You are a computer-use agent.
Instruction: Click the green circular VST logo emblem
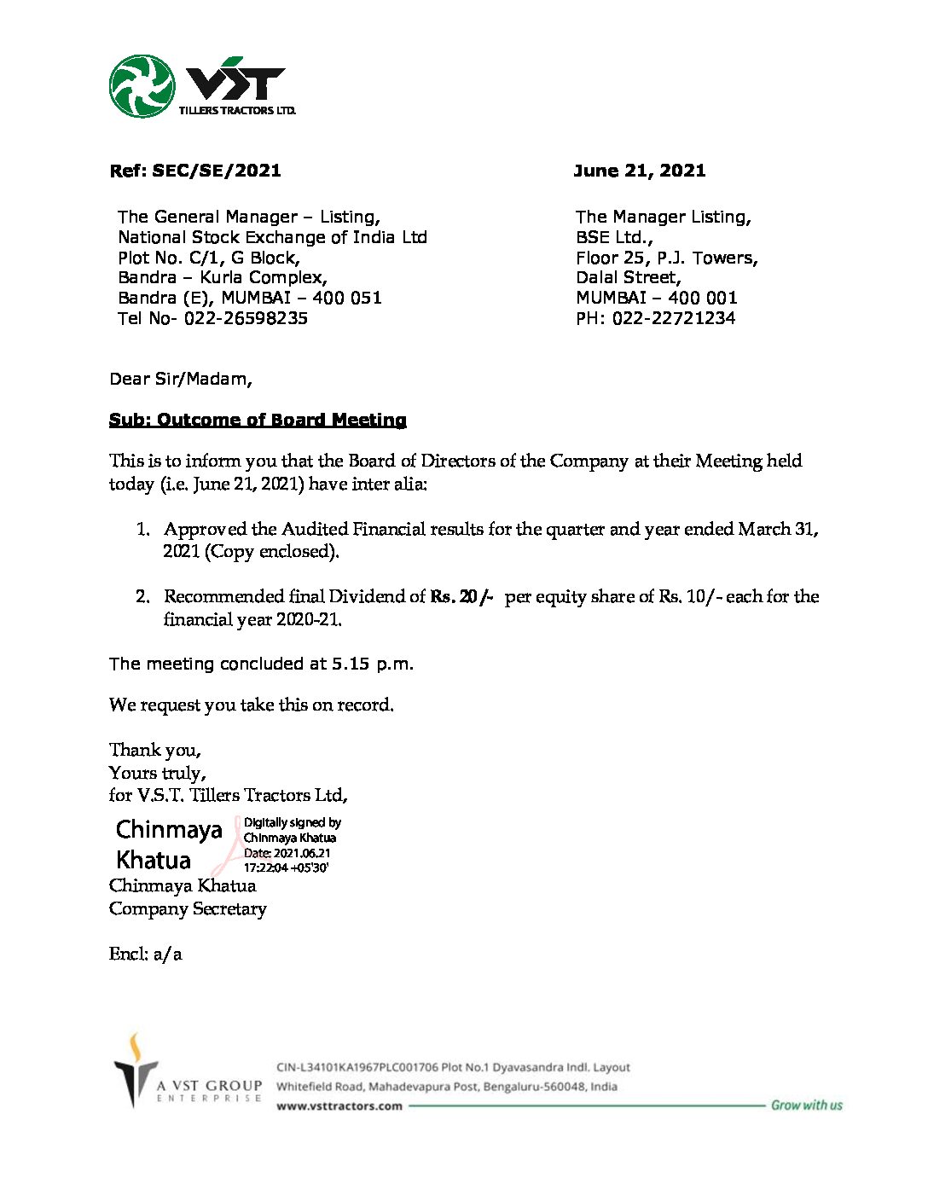142,86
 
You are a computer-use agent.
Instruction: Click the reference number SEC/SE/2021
217,171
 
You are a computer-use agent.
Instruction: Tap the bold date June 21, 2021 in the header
640,171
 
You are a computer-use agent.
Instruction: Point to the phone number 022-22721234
674,319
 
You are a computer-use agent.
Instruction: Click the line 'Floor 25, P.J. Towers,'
666,258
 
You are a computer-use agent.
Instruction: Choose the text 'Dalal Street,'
629,278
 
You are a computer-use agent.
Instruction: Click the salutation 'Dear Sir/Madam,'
181,379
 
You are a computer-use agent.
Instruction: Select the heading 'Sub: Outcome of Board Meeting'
258,420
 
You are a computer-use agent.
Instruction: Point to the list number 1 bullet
143,530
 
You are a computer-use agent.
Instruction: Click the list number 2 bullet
143,597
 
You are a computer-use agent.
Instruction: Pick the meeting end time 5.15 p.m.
372,664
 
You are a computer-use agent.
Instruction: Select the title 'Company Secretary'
188,909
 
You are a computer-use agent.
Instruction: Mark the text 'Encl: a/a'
145,954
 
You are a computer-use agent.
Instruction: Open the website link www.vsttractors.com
339,1106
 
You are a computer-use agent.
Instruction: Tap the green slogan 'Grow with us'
806,1105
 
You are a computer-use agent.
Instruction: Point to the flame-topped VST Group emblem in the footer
134,1071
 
